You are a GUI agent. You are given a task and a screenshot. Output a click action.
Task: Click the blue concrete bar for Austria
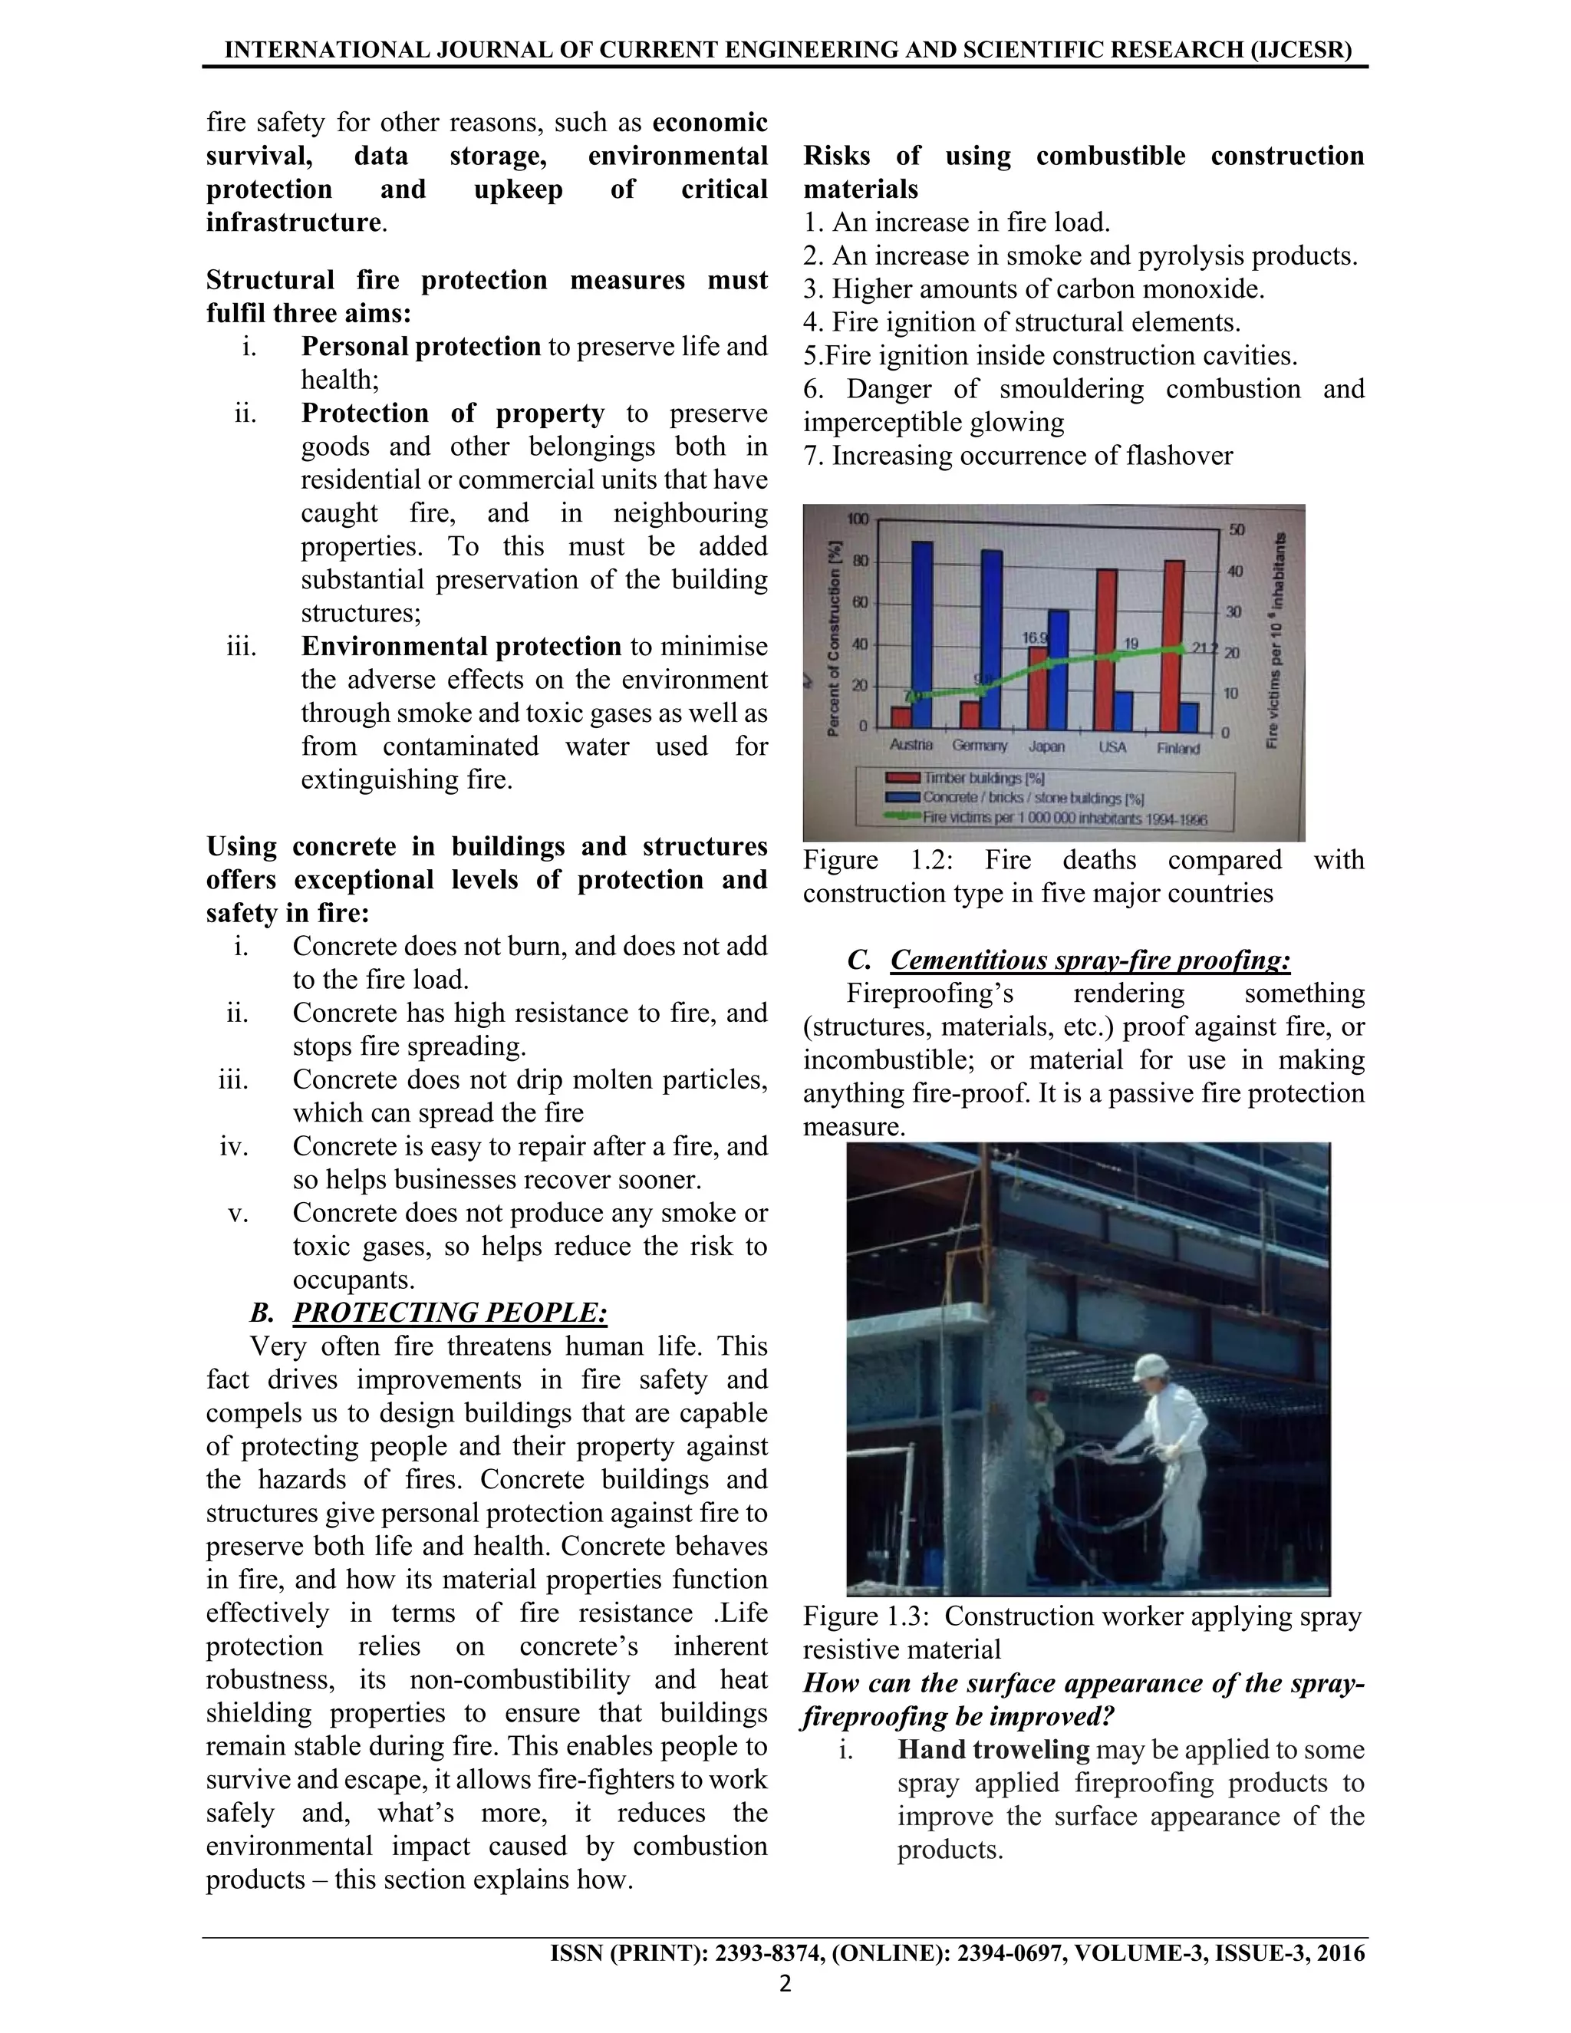click(921, 633)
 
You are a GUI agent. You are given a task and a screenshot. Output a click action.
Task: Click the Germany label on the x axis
click(979, 746)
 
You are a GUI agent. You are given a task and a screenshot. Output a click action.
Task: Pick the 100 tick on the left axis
click(857, 519)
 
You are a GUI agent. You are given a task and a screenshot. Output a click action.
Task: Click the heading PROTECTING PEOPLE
click(450, 1313)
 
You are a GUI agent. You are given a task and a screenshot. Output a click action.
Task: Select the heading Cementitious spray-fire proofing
click(1090, 960)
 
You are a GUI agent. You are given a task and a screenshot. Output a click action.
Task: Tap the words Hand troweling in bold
click(993, 1750)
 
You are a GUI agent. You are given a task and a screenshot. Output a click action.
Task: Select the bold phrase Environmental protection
click(461, 646)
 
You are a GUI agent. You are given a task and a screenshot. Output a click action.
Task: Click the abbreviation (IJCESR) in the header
click(1301, 49)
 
